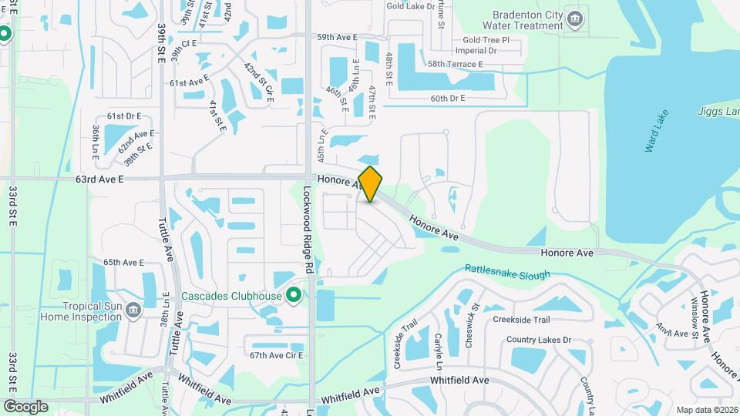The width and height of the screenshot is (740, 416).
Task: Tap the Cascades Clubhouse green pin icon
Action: [293, 295]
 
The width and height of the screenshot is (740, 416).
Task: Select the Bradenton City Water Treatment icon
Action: [574, 18]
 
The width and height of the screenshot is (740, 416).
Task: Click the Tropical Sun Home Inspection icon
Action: [133, 309]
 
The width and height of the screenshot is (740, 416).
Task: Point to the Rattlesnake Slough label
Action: [507, 273]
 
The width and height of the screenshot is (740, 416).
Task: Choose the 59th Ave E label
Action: [337, 37]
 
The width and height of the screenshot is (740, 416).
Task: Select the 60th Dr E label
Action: [449, 99]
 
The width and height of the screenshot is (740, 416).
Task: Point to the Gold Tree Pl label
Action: [486, 40]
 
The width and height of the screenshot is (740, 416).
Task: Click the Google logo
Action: [25, 406]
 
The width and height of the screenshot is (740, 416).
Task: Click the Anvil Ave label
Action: [671, 333]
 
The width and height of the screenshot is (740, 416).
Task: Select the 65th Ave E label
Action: [124, 263]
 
